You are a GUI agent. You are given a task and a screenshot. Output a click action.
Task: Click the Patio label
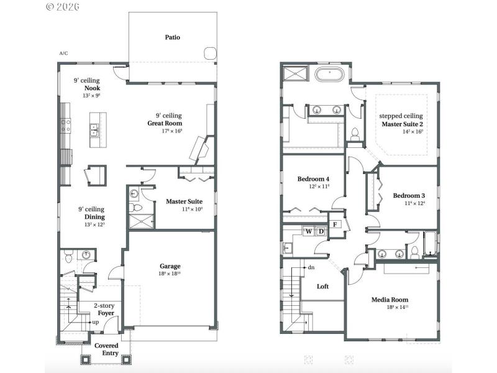[173, 37]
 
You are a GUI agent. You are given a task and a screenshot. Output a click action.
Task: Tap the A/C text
[63, 53]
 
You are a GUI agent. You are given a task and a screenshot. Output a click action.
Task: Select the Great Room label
[165, 123]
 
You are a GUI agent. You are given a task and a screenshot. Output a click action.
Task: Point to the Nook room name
[92, 88]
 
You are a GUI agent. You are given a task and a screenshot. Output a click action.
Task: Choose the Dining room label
[91, 217]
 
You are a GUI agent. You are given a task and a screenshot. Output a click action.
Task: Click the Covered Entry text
[106, 349]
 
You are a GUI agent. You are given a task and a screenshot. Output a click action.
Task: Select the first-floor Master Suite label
[184, 201]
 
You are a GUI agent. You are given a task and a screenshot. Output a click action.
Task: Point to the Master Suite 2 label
[402, 124]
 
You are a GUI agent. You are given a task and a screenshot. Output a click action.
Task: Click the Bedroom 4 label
[313, 179]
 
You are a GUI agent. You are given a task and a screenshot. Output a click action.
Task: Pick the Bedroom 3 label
[409, 196]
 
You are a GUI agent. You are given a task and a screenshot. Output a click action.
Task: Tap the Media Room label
[390, 299]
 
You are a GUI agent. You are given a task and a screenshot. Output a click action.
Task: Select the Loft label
[323, 287]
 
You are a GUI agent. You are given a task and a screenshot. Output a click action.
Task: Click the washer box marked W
[308, 232]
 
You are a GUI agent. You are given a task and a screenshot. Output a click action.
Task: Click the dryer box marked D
[321, 232]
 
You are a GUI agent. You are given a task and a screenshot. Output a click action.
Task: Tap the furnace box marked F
[335, 224]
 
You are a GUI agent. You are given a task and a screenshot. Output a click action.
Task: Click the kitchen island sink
[94, 131]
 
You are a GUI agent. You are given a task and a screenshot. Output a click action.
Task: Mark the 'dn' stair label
[311, 267]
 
